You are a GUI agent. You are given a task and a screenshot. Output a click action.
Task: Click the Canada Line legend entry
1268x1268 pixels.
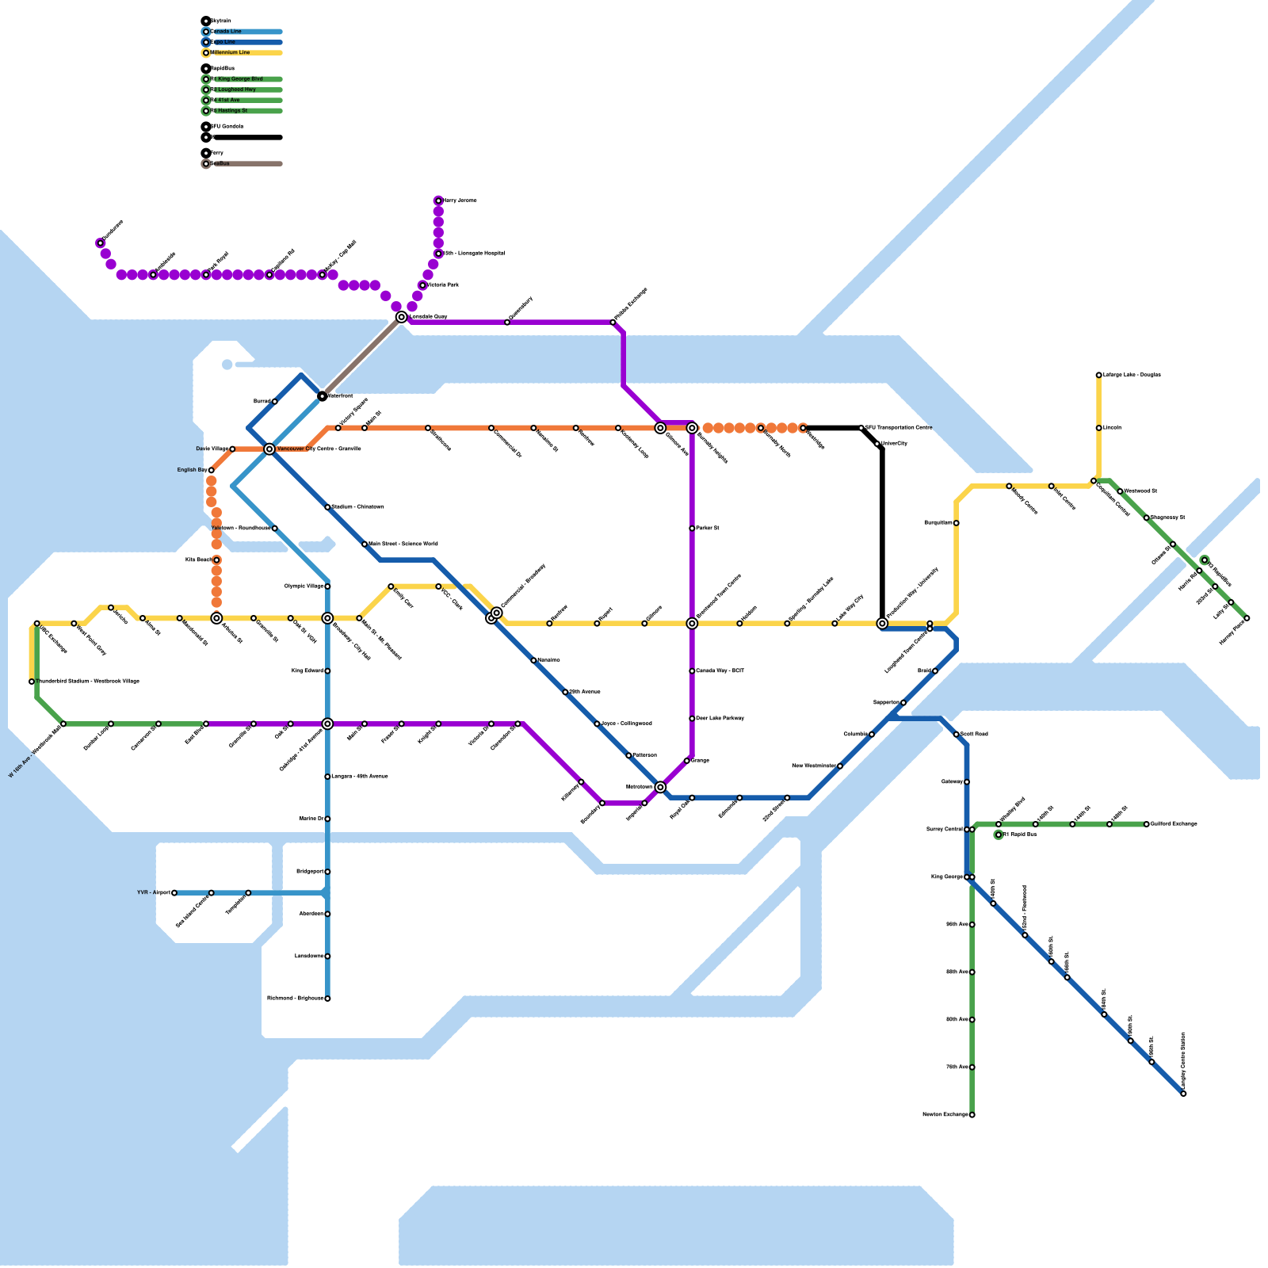click(x=226, y=32)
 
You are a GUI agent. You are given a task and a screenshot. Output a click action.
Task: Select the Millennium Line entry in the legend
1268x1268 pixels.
click(x=231, y=53)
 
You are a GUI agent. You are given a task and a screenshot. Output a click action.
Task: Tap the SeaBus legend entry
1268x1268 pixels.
click(x=220, y=164)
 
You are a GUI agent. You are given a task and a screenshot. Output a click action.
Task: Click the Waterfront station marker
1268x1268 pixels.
click(x=323, y=396)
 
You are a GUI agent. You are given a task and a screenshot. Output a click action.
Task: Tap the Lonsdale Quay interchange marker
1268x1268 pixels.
click(x=402, y=317)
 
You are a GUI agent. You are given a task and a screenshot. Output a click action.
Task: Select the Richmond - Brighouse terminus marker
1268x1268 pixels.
click(x=327, y=999)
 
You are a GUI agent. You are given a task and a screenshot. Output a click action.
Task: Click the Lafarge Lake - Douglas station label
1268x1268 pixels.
click(x=1132, y=375)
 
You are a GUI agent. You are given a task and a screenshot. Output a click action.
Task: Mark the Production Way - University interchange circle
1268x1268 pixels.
click(x=882, y=624)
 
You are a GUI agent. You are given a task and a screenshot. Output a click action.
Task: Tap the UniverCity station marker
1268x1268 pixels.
click(x=878, y=444)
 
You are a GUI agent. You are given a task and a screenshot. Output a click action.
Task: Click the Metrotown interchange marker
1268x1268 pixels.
click(x=660, y=787)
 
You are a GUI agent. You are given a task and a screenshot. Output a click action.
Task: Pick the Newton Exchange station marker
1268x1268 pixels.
click(x=972, y=1115)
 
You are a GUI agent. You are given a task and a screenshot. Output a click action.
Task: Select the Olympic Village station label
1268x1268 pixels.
click(x=304, y=586)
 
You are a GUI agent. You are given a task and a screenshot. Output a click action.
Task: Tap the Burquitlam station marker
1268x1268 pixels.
click(x=957, y=523)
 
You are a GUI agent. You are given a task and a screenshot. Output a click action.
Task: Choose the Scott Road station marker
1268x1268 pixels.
click(x=957, y=735)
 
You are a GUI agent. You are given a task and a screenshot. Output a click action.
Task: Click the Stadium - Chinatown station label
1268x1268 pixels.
click(x=357, y=507)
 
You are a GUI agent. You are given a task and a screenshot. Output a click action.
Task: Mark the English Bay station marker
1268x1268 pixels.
click(x=211, y=471)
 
